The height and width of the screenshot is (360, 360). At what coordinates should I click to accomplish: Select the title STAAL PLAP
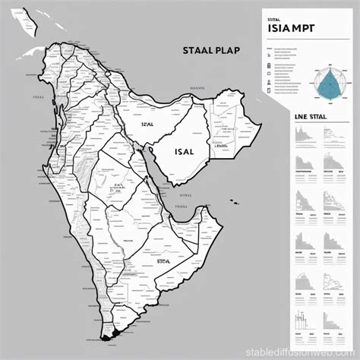coord(212,52)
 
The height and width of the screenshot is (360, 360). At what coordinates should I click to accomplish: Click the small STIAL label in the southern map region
coord(164,261)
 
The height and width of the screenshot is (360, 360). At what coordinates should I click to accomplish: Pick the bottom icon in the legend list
coord(271,91)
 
